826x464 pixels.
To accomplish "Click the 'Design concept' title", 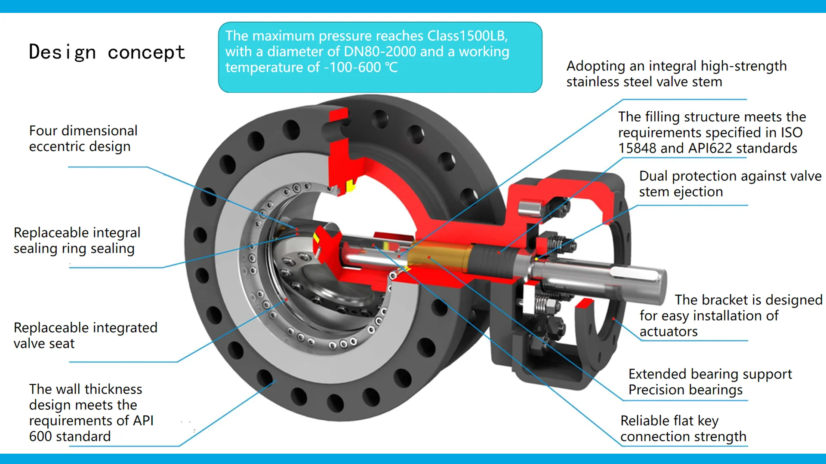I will click(107, 52).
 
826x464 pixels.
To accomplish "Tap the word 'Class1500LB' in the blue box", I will click(467, 36).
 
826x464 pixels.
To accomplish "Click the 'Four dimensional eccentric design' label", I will click(83, 138).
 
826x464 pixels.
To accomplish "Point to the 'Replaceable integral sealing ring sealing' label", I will click(77, 241).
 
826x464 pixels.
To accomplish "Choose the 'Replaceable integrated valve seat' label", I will click(85, 335).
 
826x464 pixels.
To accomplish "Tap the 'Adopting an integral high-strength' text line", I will click(676, 66).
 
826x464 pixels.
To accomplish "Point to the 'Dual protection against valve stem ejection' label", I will click(730, 184).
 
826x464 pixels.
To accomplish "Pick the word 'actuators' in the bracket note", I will click(668, 332).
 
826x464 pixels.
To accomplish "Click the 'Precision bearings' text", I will click(685, 390).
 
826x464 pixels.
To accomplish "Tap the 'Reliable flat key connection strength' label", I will click(683, 428).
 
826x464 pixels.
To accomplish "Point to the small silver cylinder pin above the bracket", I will click(529, 209).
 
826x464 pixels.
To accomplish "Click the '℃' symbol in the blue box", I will click(391, 67).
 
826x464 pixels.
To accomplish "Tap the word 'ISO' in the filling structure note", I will click(792, 132).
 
